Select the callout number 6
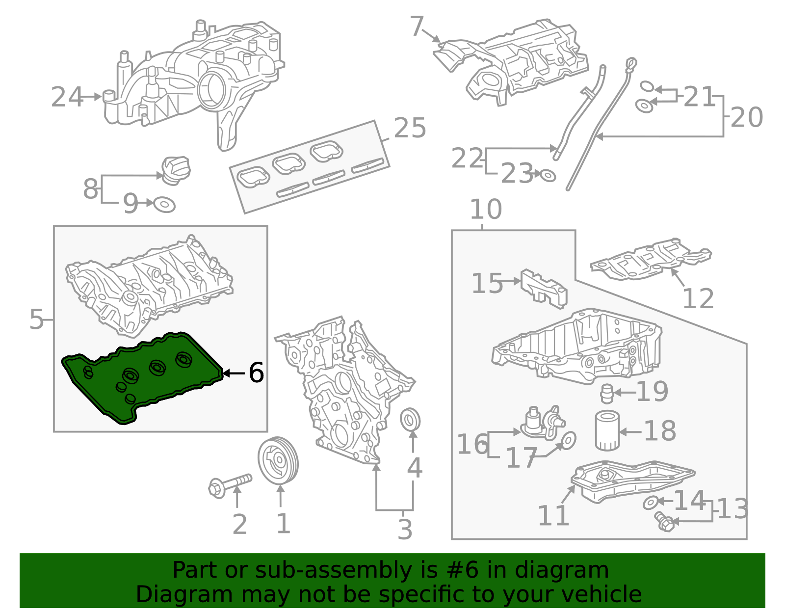pyautogui.click(x=256, y=373)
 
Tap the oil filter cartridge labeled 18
pyautogui.click(x=607, y=431)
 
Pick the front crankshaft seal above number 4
pyautogui.click(x=410, y=420)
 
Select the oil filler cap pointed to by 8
pyautogui.click(x=176, y=170)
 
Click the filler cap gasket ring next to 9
pyautogui.click(x=164, y=204)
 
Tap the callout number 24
pyautogui.click(x=67, y=97)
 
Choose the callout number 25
pyautogui.click(x=410, y=128)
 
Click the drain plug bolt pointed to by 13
pyautogui.click(x=664, y=521)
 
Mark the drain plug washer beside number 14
pyautogui.click(x=650, y=503)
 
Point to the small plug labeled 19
pyautogui.click(x=607, y=394)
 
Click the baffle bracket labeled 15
pyautogui.click(x=544, y=289)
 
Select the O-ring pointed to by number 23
pyautogui.click(x=548, y=175)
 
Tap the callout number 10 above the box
pyautogui.click(x=485, y=210)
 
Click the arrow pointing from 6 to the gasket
pyautogui.click(x=234, y=373)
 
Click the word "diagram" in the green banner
pyautogui.click(x=572, y=570)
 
